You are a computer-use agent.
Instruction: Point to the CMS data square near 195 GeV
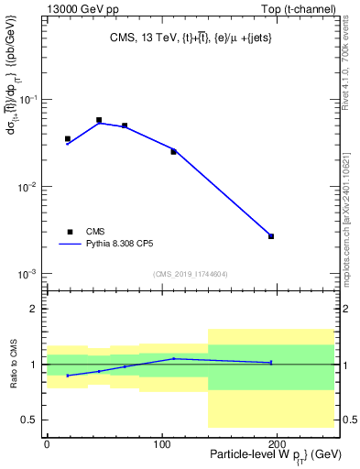pyautogui.click(x=271, y=236)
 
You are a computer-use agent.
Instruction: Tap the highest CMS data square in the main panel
pyautogui.click(x=99, y=120)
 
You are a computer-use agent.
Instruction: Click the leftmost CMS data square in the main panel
pyautogui.click(x=68, y=139)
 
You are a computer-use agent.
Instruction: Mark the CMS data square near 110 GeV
pyautogui.click(x=173, y=151)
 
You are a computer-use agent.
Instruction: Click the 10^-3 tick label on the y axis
pyautogui.click(x=29, y=275)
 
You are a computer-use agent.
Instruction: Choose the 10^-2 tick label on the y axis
pyautogui.click(x=29, y=187)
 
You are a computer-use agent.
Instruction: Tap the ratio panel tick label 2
pyautogui.click(x=36, y=309)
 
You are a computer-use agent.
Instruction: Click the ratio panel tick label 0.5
pyautogui.click(x=32, y=420)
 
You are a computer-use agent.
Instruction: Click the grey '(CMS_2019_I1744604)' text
pyautogui.click(x=191, y=274)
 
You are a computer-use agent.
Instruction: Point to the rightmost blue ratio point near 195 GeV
pyautogui.click(x=271, y=363)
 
